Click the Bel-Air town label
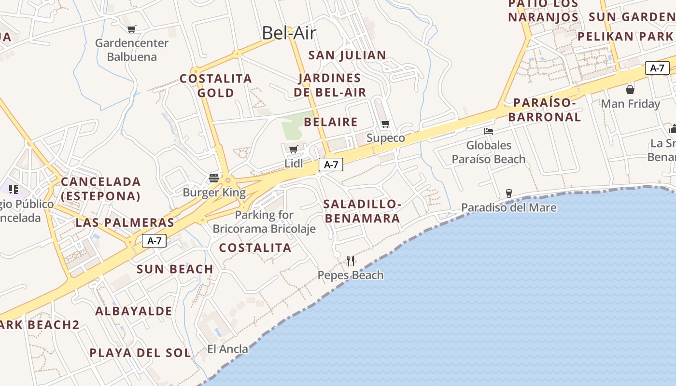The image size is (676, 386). (289, 33)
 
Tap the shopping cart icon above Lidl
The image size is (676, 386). (293, 149)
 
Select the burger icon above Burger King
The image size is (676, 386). (214, 178)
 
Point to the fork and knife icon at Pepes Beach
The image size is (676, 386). (351, 261)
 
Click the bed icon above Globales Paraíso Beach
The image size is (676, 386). (489, 131)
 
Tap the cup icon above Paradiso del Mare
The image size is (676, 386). (508, 193)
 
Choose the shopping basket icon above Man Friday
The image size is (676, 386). (630, 89)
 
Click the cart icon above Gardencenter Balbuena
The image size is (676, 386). (131, 29)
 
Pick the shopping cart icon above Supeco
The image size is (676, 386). (385, 124)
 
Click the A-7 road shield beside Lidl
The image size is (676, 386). (331, 165)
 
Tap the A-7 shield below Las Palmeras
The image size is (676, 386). (154, 240)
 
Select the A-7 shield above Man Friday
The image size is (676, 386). (657, 68)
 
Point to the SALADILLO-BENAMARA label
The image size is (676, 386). (362, 211)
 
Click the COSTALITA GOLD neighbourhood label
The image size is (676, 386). (216, 85)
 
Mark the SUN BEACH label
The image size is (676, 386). (175, 269)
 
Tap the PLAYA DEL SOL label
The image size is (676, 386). (140, 353)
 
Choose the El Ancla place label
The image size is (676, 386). (227, 349)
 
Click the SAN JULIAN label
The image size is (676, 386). (347, 55)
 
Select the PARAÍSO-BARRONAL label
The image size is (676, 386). (545, 110)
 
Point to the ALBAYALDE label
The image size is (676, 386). (134, 311)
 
